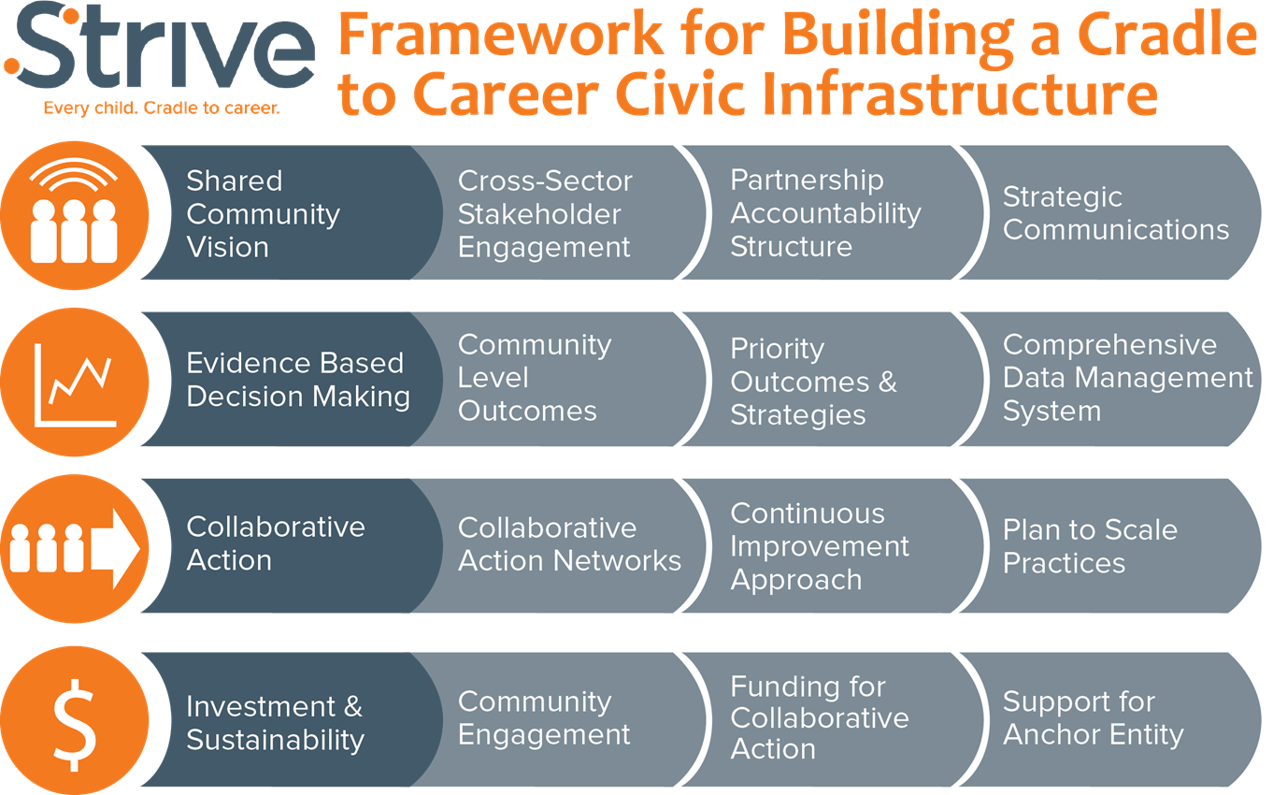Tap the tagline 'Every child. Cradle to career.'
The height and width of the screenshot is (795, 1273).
(x=162, y=108)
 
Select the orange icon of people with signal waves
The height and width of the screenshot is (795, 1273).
(x=74, y=215)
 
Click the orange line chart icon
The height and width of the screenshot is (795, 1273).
(x=74, y=383)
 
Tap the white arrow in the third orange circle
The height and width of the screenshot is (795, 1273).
(x=115, y=549)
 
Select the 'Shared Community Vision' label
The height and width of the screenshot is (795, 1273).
(x=264, y=214)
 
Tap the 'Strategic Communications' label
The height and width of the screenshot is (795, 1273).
(x=1116, y=213)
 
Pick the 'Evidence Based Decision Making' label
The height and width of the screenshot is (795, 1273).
(x=298, y=380)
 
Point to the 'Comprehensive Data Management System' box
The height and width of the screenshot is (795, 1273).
(x=1111, y=379)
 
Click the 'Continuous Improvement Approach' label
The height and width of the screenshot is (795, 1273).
(x=820, y=546)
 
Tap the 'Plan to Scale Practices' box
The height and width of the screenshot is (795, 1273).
(x=1111, y=546)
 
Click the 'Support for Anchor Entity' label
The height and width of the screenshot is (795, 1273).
(x=1094, y=717)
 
